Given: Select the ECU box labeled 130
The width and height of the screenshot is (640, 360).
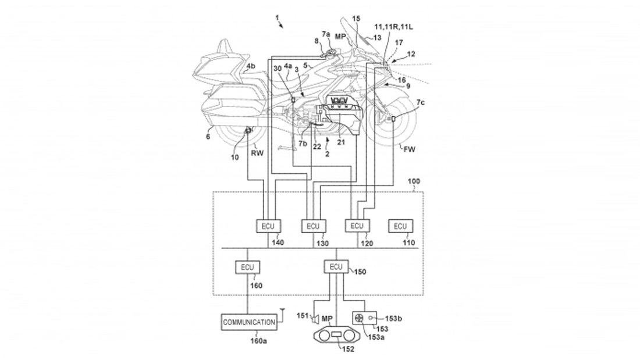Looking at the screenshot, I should [313, 226].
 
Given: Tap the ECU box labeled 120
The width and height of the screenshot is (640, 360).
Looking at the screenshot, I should [357, 226].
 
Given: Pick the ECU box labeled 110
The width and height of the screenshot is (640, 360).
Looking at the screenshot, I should [401, 226].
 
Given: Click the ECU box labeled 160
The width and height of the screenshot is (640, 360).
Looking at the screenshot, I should [247, 268].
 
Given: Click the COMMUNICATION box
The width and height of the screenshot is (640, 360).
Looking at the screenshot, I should [248, 322].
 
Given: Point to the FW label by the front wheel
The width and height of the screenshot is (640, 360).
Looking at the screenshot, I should [410, 149].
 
